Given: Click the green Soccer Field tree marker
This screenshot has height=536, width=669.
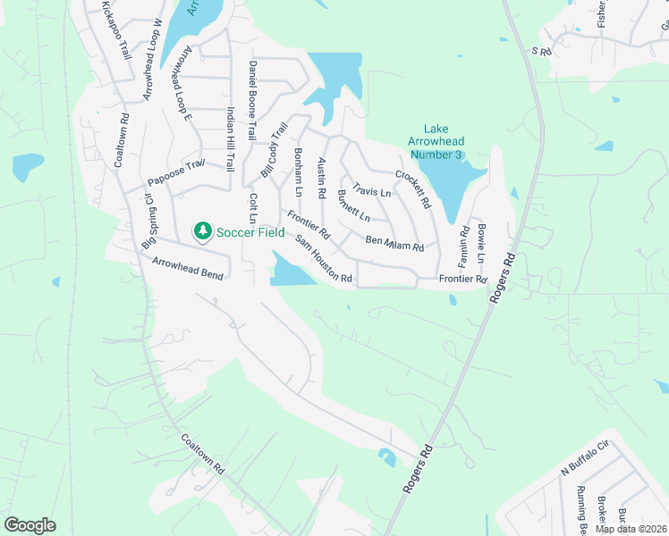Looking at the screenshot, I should (203, 231).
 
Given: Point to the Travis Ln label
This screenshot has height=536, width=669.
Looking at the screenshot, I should (372, 190).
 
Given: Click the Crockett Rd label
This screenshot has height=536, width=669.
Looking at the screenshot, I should (413, 189).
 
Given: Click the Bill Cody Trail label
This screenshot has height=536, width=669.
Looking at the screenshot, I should (273, 148).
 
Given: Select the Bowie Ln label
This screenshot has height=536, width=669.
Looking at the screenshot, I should (481, 241).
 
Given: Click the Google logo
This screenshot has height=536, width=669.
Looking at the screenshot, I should (30, 524).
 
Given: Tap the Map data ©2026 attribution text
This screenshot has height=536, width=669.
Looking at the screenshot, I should (631, 529).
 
